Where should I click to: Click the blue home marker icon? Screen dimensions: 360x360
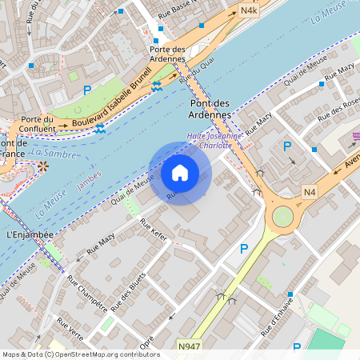[x=180, y=173]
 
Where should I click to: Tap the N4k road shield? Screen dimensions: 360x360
[x=249, y=11]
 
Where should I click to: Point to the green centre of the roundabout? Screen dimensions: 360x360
[x=282, y=217]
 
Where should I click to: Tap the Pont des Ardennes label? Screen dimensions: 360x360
[x=211, y=109]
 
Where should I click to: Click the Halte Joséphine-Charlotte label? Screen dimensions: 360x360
[x=210, y=140]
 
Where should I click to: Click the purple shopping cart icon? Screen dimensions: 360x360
[x=356, y=138]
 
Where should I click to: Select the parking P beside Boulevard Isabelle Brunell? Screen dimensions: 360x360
[x=87, y=90]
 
